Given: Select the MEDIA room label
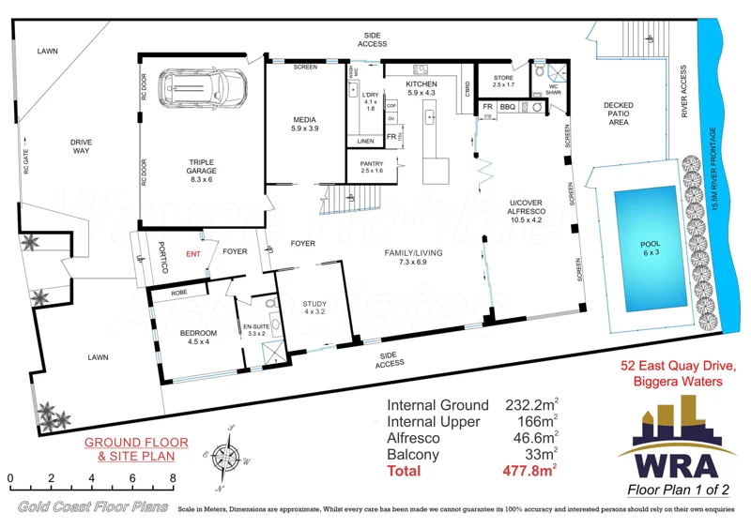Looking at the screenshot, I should click(305, 123).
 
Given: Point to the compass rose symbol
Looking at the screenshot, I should click(225, 459).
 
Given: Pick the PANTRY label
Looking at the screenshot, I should click(372, 166).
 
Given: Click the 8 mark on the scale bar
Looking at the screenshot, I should click(172, 478).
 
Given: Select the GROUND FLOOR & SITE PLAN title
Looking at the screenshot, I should click(135, 449).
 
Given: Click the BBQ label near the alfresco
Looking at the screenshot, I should click(508, 108).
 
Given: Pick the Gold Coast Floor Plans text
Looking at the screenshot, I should click(85, 507).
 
